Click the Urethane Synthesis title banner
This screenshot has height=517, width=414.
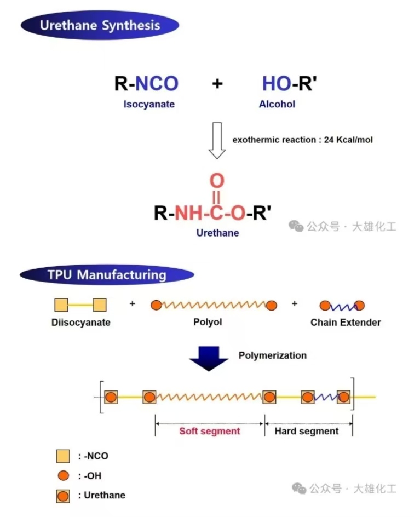pos(100,25)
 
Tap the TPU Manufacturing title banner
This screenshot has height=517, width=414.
pos(107,275)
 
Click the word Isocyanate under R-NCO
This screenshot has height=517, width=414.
pos(149,104)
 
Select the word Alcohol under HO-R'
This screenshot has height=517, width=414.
pos(277,104)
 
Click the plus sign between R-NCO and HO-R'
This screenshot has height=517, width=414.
pos(217,83)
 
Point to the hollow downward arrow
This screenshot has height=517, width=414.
pos(217,140)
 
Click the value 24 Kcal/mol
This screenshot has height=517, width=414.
pos(348,140)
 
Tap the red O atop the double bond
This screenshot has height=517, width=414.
pos(217,180)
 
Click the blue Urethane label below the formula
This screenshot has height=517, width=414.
pos(217,233)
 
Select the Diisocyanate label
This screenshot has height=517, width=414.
pos(81,322)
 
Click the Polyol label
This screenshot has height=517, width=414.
pos(208,322)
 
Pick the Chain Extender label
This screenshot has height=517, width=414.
pos(346,322)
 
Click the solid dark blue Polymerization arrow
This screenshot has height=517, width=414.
pos(209,358)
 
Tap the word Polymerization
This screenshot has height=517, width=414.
pos(273,355)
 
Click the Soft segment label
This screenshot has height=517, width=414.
pos(210,431)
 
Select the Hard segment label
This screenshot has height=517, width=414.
pos(307,431)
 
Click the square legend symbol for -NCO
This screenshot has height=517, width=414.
pos(63,456)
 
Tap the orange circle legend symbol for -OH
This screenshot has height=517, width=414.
pos(64,476)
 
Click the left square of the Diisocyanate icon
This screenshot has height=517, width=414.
pos(61,305)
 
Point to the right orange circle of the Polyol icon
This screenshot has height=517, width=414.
pos(271,306)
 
